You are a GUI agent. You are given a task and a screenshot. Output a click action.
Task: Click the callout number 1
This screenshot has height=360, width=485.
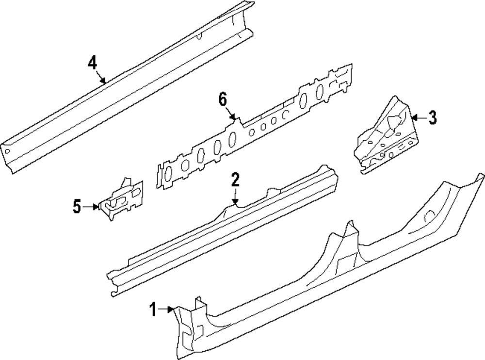153,309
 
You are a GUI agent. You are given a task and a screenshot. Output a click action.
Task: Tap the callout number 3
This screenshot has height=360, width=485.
432,117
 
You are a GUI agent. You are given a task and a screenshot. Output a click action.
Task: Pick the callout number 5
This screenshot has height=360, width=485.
77,207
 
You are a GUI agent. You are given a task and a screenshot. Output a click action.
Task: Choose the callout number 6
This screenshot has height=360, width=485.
223,100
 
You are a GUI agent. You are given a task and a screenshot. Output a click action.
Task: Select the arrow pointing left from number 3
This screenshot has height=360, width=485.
418,117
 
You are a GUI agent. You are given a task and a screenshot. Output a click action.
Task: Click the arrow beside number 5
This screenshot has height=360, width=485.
92,207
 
